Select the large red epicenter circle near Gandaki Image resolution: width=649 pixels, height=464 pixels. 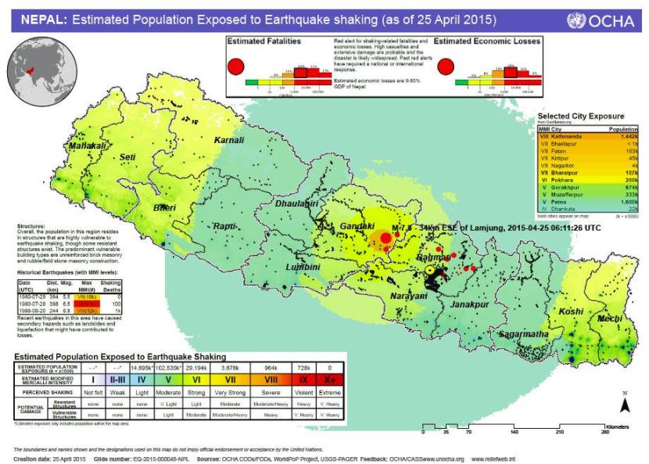click(x=385, y=238)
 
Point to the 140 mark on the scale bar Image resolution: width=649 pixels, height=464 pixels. click(x=514, y=432)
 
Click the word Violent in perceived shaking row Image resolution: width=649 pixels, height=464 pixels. click(x=306, y=390)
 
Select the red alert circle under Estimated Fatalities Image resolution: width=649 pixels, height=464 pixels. click(x=235, y=67)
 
